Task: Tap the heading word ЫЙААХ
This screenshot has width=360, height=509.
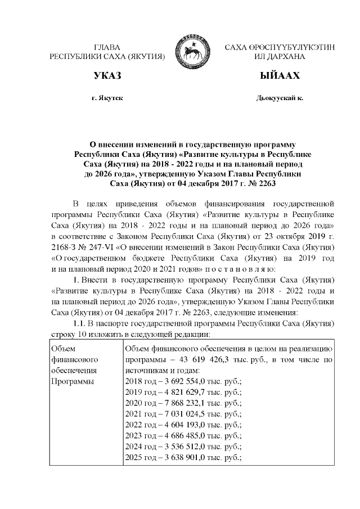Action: pos(280,76)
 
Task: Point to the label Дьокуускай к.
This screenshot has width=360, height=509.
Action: pos(280,98)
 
